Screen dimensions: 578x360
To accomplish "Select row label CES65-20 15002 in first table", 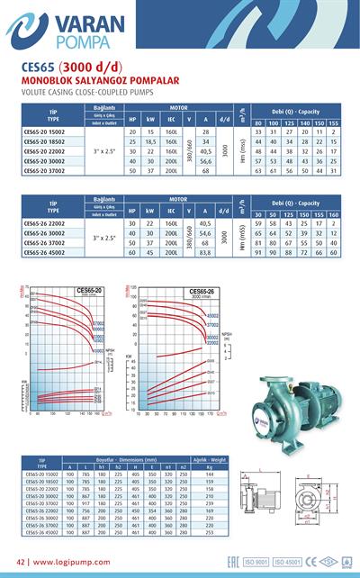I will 46,131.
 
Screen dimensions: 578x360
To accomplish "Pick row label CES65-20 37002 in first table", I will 46,170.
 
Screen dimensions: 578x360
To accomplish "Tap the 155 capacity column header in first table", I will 334,122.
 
